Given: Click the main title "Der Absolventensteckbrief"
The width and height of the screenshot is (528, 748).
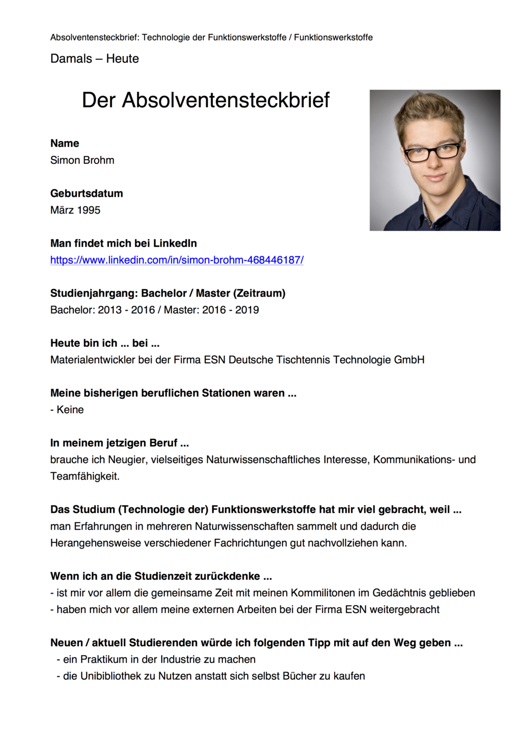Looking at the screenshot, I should click(x=205, y=100).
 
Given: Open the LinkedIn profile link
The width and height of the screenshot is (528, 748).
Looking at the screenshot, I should click(x=177, y=260).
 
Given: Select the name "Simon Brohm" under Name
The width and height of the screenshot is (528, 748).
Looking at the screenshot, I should click(x=82, y=160).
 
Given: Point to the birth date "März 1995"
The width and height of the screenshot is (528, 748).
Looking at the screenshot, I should click(x=75, y=210).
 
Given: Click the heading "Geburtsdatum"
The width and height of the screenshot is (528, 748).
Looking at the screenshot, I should click(x=87, y=193).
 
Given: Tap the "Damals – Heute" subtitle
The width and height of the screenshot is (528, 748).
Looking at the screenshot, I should click(x=95, y=59).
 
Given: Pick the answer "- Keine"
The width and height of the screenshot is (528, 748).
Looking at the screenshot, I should click(x=67, y=410).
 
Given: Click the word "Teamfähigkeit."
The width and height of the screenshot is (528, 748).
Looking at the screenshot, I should click(x=85, y=476).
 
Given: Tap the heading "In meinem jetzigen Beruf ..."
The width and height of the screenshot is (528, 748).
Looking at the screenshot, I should click(x=119, y=443).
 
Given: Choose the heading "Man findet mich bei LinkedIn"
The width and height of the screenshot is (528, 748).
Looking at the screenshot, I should click(x=124, y=244).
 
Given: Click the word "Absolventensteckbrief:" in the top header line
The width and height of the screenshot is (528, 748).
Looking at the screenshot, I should click(x=95, y=38).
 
